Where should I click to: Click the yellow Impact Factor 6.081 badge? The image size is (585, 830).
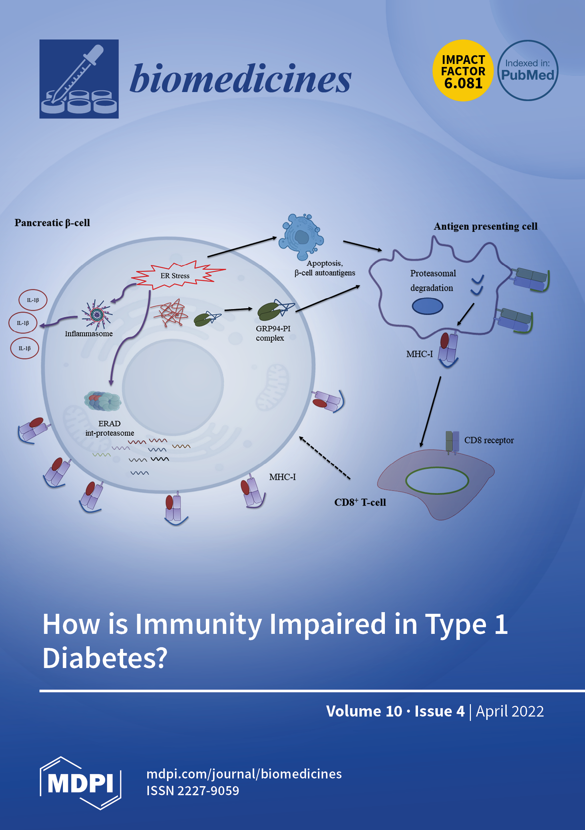(x=463, y=71)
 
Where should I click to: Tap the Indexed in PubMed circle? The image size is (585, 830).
(x=527, y=71)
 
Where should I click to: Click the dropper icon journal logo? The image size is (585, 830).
(x=79, y=79)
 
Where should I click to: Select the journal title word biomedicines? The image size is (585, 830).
(x=240, y=79)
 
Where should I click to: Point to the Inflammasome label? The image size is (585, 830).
(x=89, y=334)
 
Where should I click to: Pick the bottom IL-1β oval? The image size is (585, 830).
(x=24, y=348)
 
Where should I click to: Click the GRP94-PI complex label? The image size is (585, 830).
(x=273, y=333)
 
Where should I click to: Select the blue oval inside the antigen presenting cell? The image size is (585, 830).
(x=427, y=306)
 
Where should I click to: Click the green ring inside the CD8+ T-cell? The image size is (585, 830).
(x=437, y=481)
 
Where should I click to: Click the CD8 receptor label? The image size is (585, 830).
(x=489, y=440)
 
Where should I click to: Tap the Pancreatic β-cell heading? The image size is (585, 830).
(x=52, y=223)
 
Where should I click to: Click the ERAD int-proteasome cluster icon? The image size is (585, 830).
(x=103, y=401)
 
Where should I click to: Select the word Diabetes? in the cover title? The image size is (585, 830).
(x=105, y=658)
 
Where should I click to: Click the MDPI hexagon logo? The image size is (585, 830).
(x=80, y=783)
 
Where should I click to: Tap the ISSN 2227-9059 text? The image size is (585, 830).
(x=193, y=791)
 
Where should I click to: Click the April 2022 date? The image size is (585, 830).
(x=509, y=711)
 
